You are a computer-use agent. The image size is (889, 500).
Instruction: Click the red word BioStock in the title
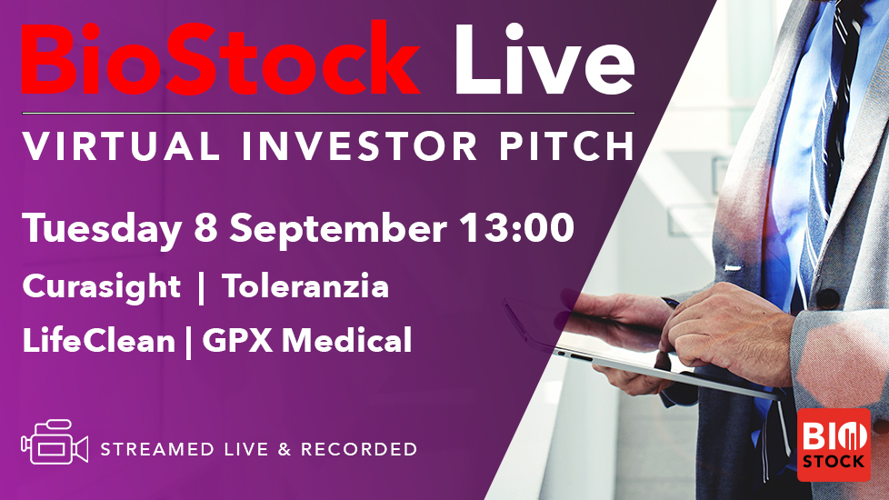pos(221,58)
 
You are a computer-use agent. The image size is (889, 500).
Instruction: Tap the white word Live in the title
pos(544,59)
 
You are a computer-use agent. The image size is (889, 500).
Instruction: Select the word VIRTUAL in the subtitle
pos(121,145)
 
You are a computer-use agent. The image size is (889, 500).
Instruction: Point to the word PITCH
pos(567,145)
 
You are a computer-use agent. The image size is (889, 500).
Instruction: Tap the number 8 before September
pos(205,228)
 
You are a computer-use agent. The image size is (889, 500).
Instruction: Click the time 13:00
pos(516,228)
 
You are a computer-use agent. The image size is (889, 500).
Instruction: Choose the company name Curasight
pos(102,287)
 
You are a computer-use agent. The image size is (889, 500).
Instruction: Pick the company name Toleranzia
pos(305,285)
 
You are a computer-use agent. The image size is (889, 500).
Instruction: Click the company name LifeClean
pos(99,340)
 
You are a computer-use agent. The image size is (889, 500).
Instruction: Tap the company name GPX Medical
pos(306,340)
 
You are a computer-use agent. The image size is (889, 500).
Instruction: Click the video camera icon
pos(55,442)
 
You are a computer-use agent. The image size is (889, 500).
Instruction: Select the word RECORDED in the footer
pos(359,449)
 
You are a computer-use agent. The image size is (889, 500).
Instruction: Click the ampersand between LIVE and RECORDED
pos(285,449)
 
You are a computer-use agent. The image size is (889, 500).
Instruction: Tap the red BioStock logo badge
pos(834,445)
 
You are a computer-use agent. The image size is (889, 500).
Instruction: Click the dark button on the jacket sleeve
pos(827,299)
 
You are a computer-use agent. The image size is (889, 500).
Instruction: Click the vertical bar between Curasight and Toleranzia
pos(201,288)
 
